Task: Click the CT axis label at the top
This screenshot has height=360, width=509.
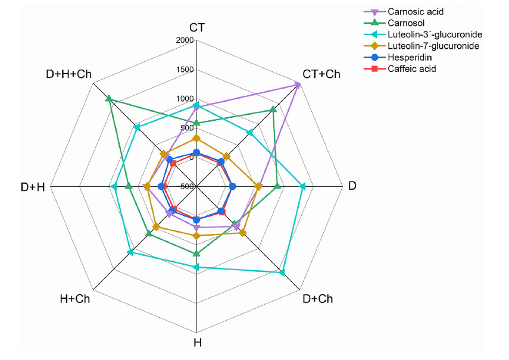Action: coord(197,27)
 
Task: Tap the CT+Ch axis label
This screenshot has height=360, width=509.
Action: coord(321,74)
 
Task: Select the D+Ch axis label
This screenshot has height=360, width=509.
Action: coord(317,299)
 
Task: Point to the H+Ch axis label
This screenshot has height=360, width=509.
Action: coord(75,299)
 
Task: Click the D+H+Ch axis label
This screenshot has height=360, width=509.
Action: coord(69,74)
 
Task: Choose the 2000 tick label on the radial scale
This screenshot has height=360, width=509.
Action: coord(185,40)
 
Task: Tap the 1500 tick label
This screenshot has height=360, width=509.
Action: coord(185,70)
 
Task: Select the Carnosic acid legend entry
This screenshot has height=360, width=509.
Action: coord(403,12)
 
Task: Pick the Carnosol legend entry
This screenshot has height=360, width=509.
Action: coord(394,23)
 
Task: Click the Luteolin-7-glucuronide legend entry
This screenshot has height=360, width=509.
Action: coord(421,46)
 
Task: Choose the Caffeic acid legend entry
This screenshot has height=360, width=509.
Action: coord(399,69)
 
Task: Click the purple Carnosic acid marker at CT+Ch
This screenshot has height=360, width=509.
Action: coord(298,85)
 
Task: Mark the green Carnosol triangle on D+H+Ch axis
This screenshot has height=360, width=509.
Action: coord(109,98)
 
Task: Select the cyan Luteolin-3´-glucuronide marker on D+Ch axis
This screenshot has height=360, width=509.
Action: coord(282,272)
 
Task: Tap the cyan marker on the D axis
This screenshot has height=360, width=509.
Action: coord(302,186)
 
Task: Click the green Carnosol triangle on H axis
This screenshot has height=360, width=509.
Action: coord(196,253)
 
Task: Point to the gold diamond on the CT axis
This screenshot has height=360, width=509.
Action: coord(196,139)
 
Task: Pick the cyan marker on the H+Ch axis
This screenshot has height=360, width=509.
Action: coord(130,252)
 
